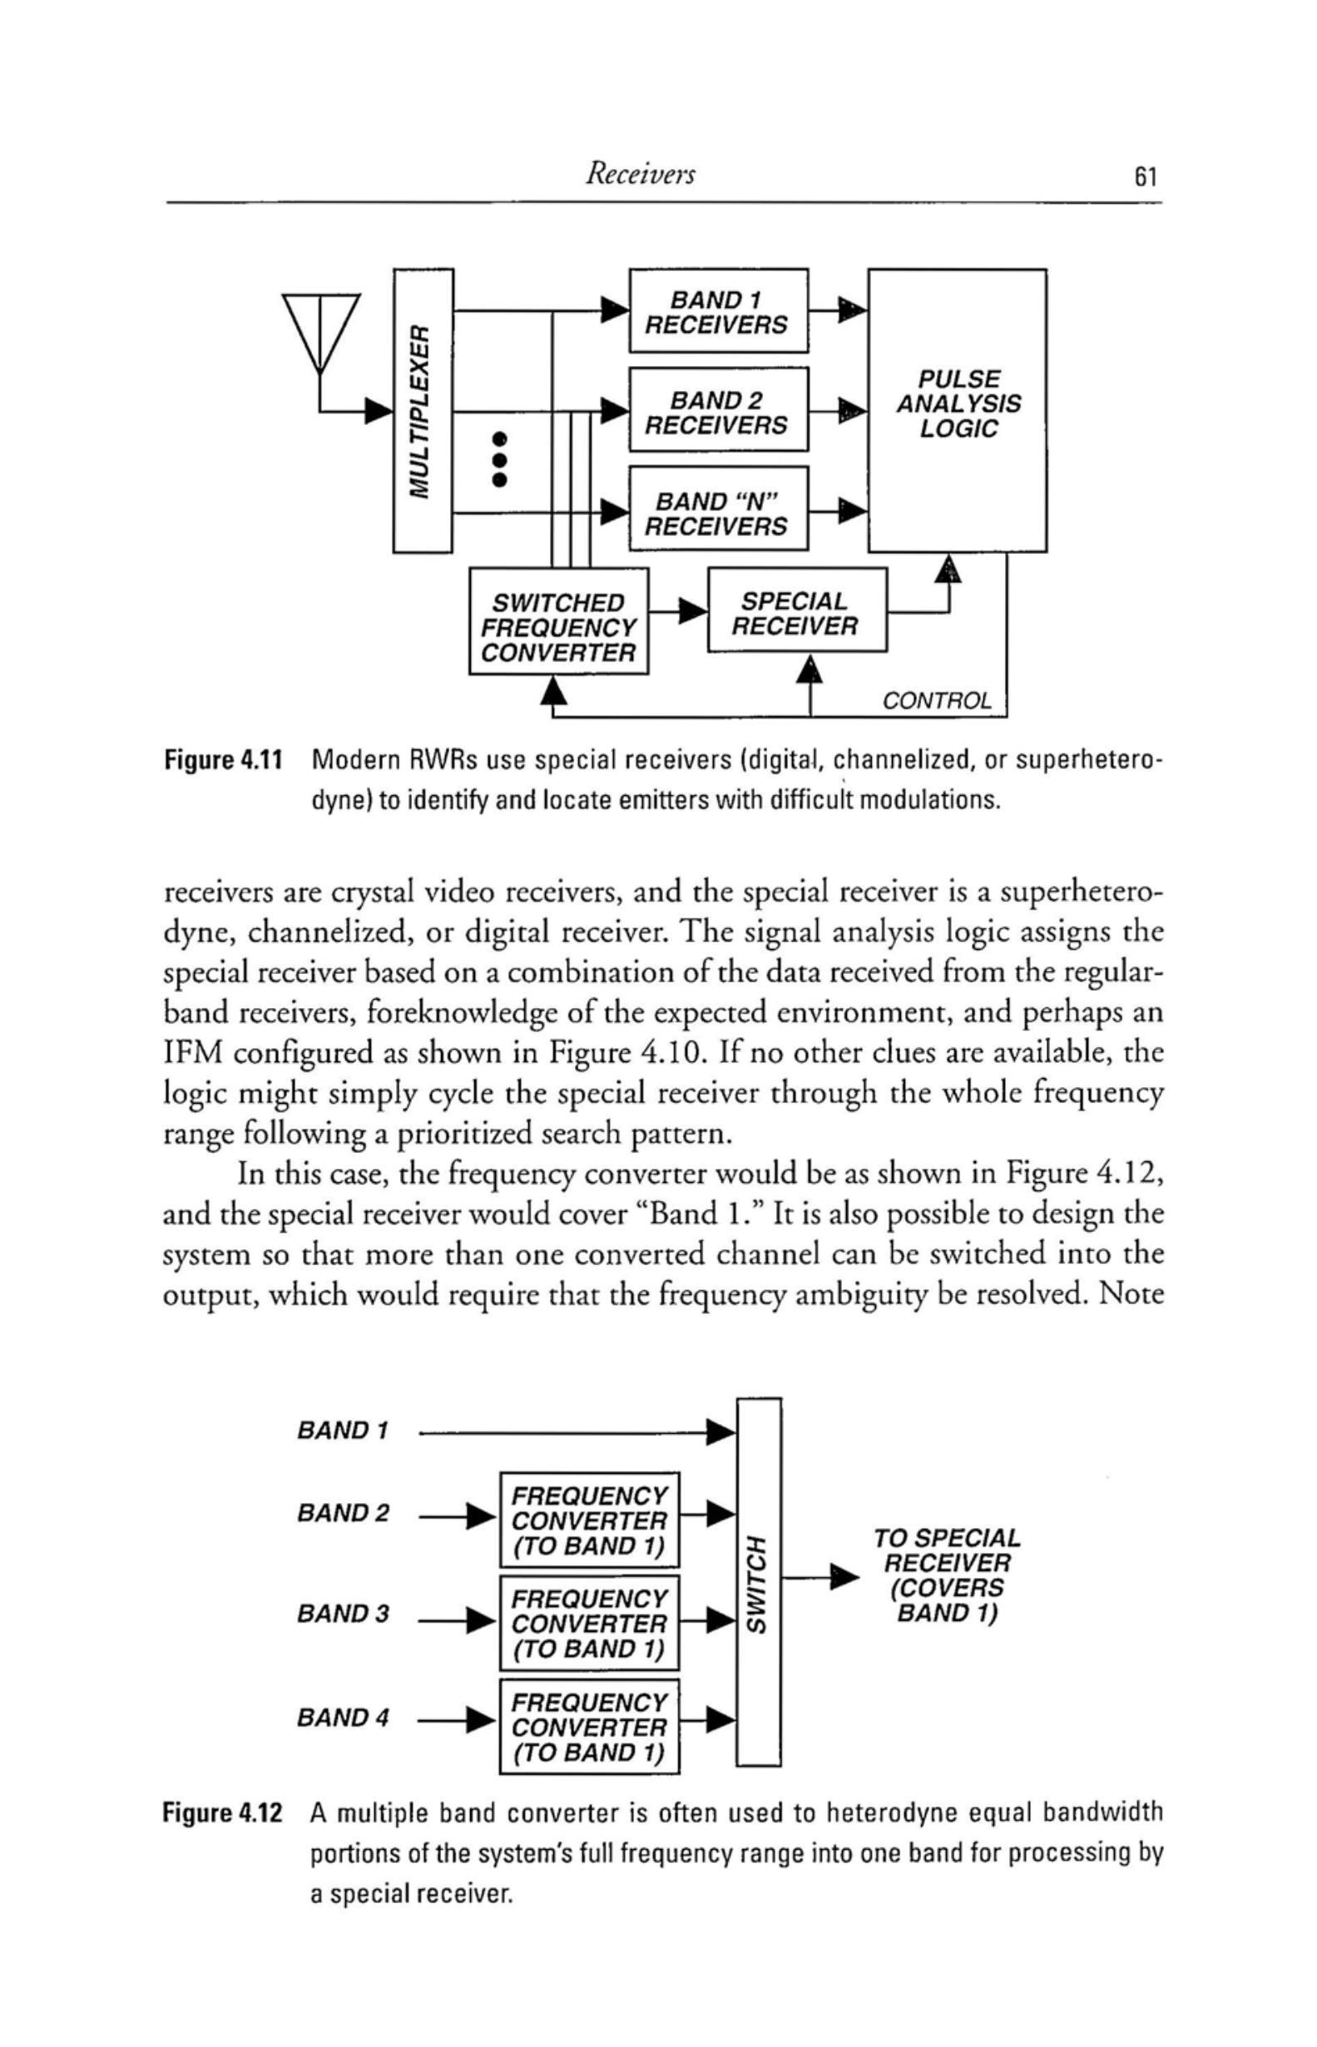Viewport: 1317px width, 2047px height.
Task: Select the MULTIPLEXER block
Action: click(423, 409)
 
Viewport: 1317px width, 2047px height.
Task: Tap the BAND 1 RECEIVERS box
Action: click(717, 310)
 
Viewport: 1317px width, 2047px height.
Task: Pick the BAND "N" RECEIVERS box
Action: click(717, 510)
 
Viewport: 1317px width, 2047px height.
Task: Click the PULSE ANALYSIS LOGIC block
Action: click(957, 409)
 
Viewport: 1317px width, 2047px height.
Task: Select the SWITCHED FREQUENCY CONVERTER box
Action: click(558, 621)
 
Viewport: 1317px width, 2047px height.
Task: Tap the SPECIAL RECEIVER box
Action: click(796, 611)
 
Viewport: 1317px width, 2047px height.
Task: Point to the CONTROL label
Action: click(938, 701)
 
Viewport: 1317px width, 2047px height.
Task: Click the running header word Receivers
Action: click(640, 175)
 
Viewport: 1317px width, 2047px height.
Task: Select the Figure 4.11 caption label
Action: click(223, 759)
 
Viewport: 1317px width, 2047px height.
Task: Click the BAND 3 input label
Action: click(343, 1614)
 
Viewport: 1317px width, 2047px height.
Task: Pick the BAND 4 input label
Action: click(343, 1717)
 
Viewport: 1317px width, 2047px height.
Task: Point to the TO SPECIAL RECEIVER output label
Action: click(947, 1575)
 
